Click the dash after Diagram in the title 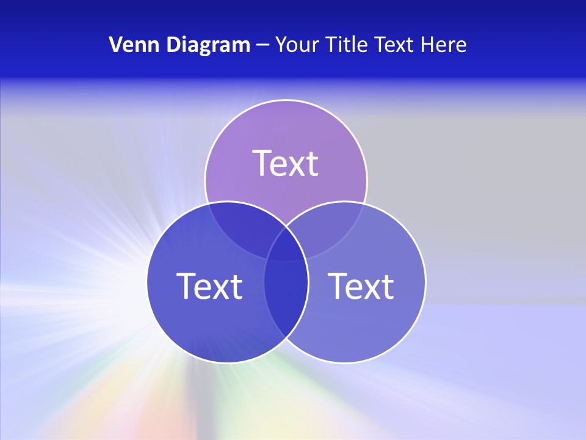[262, 45]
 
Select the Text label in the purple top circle [286, 163]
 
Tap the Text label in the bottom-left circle [209, 285]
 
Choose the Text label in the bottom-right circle [361, 285]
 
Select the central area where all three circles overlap [286, 244]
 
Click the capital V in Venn [115, 45]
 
